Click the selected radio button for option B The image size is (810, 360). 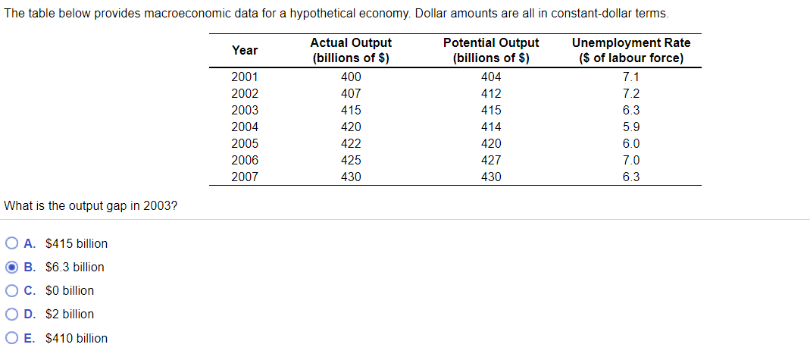click(12, 267)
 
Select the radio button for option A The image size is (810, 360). click(12, 243)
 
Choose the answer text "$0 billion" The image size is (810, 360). click(70, 290)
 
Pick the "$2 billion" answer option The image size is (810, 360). click(70, 314)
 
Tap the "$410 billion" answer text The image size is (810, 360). click(77, 338)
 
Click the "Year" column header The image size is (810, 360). click(245, 50)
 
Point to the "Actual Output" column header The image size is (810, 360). click(351, 50)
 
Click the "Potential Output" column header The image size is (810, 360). click(490, 50)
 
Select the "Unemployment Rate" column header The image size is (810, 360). click(630, 50)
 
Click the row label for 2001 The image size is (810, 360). click(245, 77)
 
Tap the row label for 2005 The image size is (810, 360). click(245, 143)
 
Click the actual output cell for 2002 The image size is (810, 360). click(351, 93)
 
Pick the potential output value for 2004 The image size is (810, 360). click(491, 127)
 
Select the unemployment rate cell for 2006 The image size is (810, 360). click(630, 160)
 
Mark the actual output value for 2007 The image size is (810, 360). click(351, 177)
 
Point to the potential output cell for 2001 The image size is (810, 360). click(491, 77)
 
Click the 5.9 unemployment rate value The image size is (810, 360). click(630, 127)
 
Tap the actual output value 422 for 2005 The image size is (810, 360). click(351, 143)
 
